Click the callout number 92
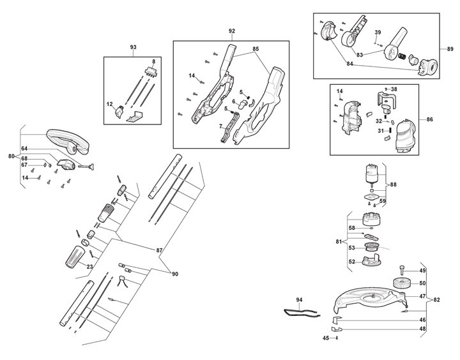point(232,31)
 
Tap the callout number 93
point(133,47)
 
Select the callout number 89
point(450,49)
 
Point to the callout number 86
point(429,119)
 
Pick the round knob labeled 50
point(401,283)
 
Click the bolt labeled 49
point(402,270)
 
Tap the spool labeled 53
point(371,248)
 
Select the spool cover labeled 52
point(371,260)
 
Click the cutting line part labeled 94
point(302,313)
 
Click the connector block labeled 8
point(150,72)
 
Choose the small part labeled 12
point(119,112)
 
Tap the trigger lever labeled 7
point(229,128)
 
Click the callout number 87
point(159,250)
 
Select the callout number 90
point(175,274)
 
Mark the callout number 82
point(436,299)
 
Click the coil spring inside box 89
point(402,56)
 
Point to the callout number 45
point(326,338)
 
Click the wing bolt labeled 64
point(86,167)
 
